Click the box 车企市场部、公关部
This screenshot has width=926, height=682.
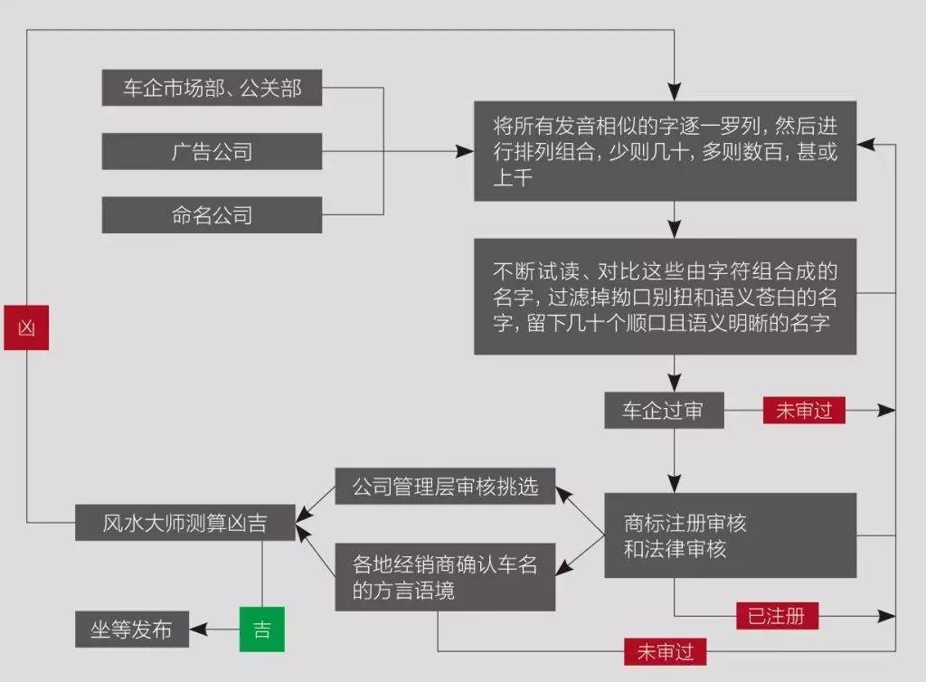point(212,88)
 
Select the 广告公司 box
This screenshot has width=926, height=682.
point(212,152)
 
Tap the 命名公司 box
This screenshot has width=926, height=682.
point(212,215)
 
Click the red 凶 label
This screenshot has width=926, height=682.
point(26,327)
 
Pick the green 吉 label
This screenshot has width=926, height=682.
point(262,630)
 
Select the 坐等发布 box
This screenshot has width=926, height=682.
point(132,630)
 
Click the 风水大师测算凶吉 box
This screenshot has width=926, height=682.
point(185,523)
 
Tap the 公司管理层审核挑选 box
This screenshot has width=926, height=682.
point(445,487)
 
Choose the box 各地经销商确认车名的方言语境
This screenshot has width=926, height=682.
point(445,577)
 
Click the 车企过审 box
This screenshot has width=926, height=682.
point(665,411)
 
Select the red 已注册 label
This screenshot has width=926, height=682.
point(777,616)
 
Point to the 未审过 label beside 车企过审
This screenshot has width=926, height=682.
point(804,411)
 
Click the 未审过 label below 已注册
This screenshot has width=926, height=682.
point(666,652)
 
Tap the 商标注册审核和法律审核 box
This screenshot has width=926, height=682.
point(731,535)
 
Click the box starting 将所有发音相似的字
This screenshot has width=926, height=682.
point(666,151)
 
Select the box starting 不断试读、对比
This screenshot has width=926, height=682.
point(666,297)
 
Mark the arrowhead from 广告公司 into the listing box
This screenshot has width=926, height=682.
point(465,152)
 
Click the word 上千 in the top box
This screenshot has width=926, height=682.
point(513,177)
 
